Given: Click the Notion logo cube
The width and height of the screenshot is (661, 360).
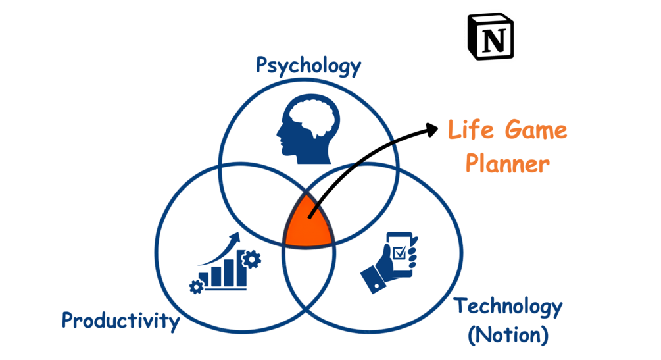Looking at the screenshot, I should tap(490, 37).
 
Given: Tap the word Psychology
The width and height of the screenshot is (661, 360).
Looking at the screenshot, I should tap(308, 66).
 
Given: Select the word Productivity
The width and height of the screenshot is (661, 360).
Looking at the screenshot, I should tap(120, 321).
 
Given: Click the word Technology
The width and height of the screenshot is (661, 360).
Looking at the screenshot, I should tap(508, 307).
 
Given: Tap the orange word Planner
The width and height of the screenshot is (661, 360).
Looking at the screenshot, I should tap(507, 163).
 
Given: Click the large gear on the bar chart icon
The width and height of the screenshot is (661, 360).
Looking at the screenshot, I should tap(251, 259).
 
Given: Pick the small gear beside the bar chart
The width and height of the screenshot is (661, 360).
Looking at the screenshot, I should tap(195, 286).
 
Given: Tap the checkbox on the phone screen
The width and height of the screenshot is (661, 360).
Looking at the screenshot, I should tap(399, 252).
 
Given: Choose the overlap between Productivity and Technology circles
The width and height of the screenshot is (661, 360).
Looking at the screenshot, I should tap(309, 276).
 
